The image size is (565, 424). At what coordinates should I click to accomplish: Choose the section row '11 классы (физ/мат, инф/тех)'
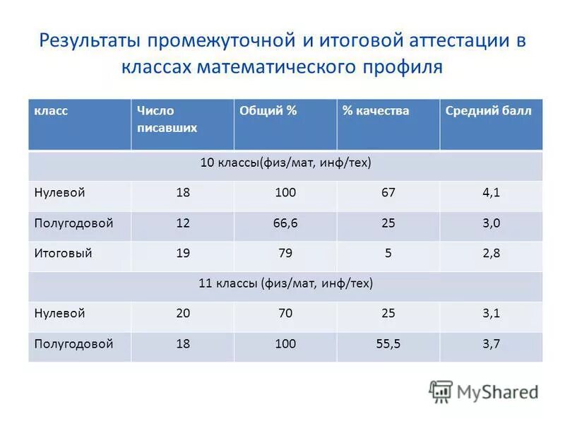click(x=285, y=283)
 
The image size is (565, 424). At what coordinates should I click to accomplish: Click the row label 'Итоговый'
click(x=64, y=252)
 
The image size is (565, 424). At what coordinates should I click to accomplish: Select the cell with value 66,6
click(x=285, y=223)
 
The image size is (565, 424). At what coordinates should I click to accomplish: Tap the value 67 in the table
click(x=388, y=193)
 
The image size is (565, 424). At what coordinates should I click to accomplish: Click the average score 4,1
click(x=491, y=193)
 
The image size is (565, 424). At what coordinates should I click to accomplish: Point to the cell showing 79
click(x=285, y=253)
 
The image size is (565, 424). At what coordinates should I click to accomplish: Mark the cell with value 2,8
click(x=491, y=253)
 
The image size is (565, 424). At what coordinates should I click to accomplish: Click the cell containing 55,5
click(x=388, y=344)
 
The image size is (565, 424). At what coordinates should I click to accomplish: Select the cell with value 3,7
click(x=491, y=344)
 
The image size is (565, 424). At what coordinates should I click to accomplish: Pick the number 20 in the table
click(x=183, y=313)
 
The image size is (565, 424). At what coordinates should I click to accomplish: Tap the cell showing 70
click(x=285, y=313)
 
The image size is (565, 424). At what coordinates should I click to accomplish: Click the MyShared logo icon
click(x=441, y=391)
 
